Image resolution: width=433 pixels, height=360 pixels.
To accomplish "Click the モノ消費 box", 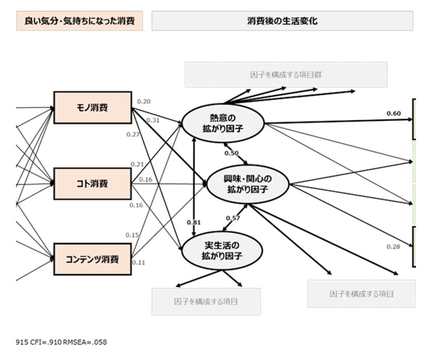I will (x=92, y=108).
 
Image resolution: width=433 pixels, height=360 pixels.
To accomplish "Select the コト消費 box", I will (x=92, y=183).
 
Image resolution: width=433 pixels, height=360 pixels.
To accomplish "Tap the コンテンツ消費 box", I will (x=92, y=259).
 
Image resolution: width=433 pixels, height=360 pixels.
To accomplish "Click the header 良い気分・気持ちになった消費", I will (x=79, y=21).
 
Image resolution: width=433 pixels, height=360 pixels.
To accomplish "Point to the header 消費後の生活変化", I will (x=282, y=21).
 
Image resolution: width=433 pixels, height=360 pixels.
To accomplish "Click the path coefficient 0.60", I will (x=393, y=113).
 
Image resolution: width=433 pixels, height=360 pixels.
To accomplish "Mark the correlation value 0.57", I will (x=233, y=218).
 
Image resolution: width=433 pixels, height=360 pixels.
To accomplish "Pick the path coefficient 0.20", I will (x=144, y=101).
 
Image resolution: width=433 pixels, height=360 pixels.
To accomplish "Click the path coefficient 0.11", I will (x=139, y=262).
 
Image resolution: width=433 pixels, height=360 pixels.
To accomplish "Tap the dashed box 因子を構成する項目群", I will (x=286, y=75).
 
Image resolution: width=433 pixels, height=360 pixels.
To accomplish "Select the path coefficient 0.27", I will (x=133, y=134).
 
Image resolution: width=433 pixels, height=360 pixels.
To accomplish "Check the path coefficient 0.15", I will (x=132, y=235).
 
